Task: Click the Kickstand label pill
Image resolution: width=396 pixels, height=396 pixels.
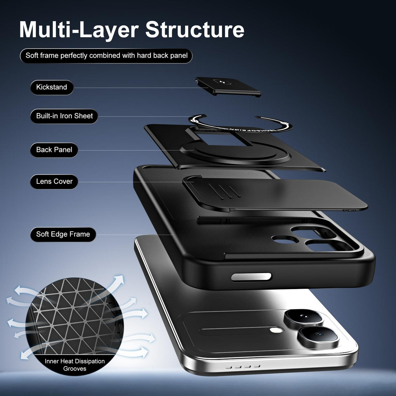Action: tap(51, 87)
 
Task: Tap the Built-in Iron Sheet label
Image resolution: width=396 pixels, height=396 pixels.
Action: tap(64, 116)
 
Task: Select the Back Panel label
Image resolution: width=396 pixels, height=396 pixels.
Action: tap(54, 150)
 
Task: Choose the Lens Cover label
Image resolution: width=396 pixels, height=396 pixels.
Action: tap(54, 181)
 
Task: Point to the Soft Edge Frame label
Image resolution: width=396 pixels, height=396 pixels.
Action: tap(63, 234)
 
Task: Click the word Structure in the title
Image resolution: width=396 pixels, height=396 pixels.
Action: tap(195, 30)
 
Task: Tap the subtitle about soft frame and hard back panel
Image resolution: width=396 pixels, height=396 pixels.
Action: tap(106, 56)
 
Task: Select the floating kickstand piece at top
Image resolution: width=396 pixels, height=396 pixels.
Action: tap(228, 86)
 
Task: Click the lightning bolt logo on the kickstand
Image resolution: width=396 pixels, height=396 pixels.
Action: tap(220, 82)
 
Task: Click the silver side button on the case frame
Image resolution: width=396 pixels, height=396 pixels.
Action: tap(251, 277)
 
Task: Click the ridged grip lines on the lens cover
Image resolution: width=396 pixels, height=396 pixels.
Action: tap(224, 191)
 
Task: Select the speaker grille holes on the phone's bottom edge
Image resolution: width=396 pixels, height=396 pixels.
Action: tap(243, 367)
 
